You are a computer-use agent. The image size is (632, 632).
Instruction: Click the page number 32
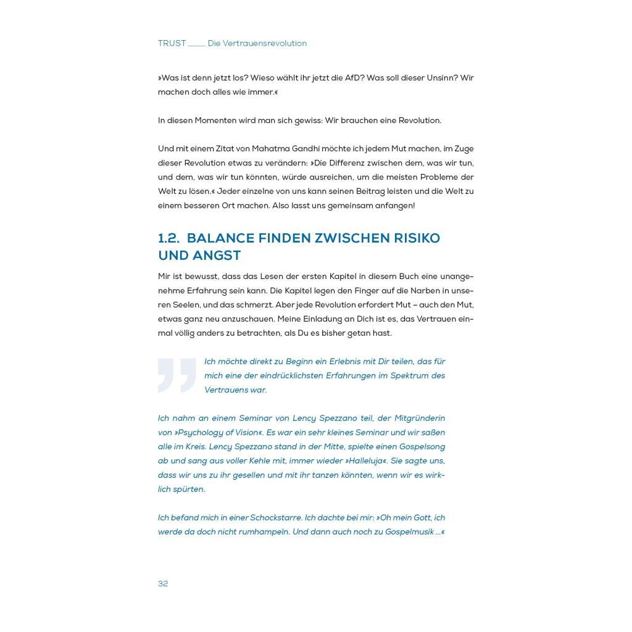coord(163,584)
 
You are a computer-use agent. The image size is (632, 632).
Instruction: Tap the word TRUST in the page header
coord(172,43)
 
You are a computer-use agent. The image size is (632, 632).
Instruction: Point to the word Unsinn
coord(438,78)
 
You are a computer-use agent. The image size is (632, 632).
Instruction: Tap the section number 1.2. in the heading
coord(168,238)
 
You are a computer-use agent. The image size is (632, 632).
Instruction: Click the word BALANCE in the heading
coord(220,238)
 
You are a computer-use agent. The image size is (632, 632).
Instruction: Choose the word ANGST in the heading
coord(216,256)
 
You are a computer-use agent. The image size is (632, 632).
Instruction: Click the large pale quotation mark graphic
coord(177,375)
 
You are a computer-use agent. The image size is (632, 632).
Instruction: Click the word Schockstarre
coord(275,518)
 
